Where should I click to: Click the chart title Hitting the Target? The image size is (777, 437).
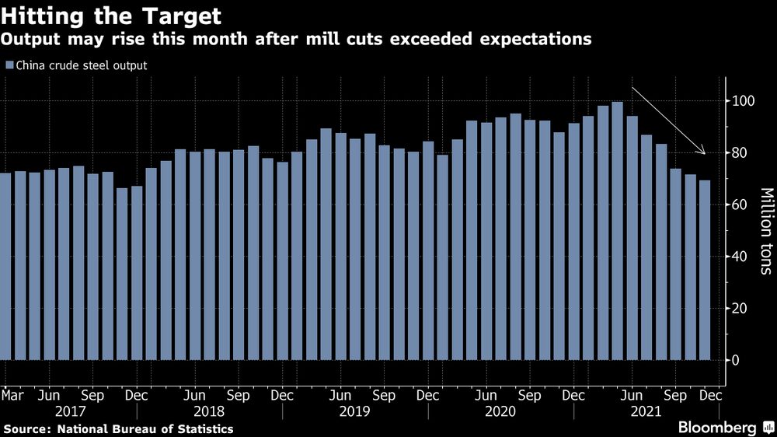[x=111, y=16]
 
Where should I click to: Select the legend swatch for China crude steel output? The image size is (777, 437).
[x=9, y=65]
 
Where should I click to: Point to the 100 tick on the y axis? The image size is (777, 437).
[x=728, y=101]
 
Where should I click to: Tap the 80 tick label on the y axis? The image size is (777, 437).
[x=740, y=152]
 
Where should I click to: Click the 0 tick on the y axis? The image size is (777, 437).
[x=728, y=360]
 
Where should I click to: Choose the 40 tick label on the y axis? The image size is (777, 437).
[x=740, y=257]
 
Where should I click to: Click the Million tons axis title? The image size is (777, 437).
[x=766, y=231]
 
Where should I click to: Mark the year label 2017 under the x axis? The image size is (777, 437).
[x=71, y=411]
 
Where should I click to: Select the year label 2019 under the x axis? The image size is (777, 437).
[x=354, y=411]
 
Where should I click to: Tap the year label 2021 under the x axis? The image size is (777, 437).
[x=646, y=411]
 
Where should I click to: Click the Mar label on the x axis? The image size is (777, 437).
[x=12, y=395]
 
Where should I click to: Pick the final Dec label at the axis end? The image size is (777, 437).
[x=711, y=395]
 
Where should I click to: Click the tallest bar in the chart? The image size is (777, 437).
[x=618, y=231]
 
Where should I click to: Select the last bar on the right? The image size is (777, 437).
[x=705, y=271]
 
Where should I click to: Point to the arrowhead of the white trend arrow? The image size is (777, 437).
[x=703, y=152]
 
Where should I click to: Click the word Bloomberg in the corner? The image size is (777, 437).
[x=717, y=427]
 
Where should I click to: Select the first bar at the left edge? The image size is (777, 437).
[x=5, y=267]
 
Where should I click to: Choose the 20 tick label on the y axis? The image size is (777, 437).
[x=740, y=308]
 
